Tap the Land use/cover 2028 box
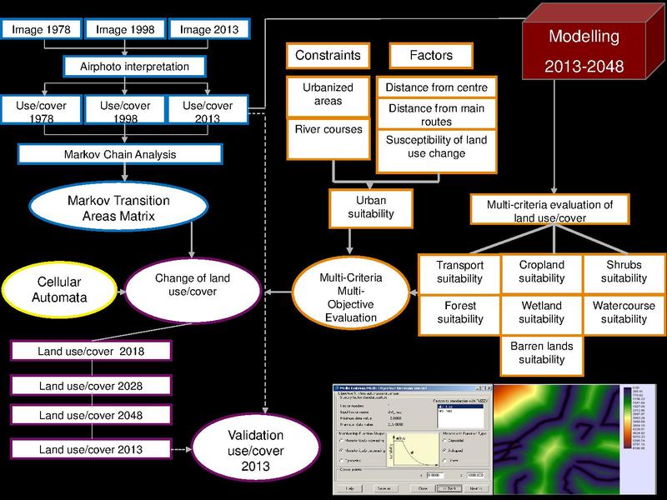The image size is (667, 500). (x=90, y=386)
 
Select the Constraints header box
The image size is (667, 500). (x=327, y=56)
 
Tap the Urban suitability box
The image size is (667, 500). (x=371, y=207)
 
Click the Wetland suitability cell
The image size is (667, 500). (x=541, y=312)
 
